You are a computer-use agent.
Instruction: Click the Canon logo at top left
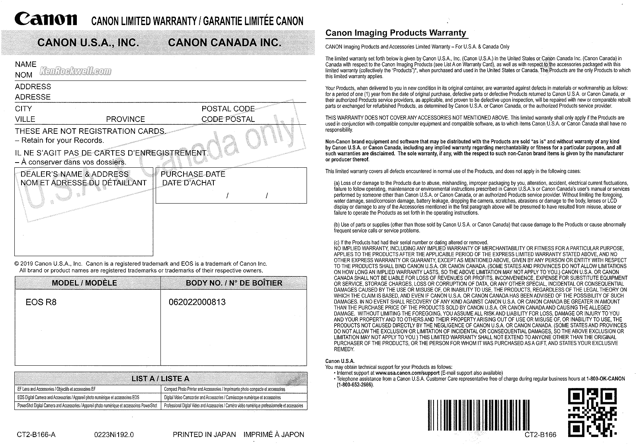(46, 19)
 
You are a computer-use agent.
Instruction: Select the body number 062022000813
(197, 302)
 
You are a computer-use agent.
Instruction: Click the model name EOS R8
(41, 302)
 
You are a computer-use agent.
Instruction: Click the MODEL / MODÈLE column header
(84, 283)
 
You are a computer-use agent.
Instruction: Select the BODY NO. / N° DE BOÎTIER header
(234, 283)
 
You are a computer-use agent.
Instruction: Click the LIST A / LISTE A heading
(160, 378)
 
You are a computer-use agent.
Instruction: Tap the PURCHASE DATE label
(193, 174)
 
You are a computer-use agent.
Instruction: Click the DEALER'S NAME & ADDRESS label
(74, 174)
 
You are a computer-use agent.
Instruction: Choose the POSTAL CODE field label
(228, 109)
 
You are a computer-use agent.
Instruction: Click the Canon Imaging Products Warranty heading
(396, 33)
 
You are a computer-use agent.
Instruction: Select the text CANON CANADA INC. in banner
(225, 43)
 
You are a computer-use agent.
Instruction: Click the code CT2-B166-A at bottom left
(36, 434)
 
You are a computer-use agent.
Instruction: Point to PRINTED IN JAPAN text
(204, 434)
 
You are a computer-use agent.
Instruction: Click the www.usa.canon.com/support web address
(407, 373)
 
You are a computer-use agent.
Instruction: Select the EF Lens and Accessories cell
(57, 389)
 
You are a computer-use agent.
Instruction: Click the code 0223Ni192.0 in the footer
(114, 434)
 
